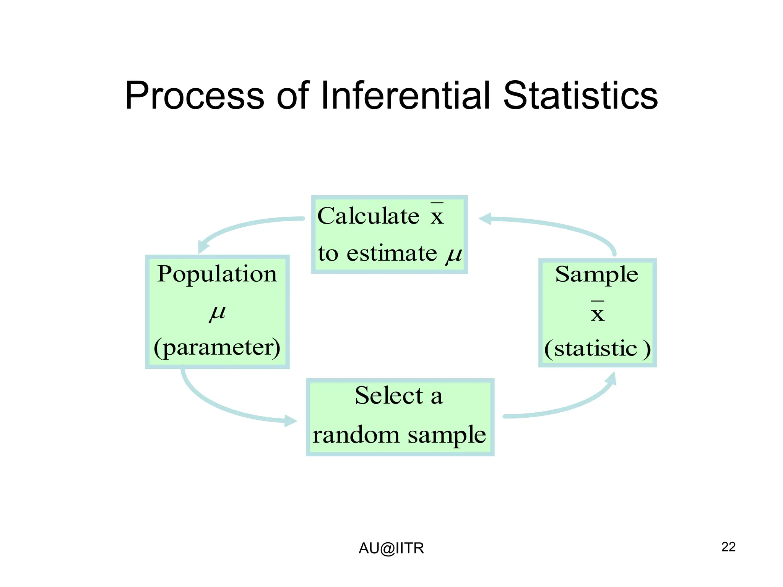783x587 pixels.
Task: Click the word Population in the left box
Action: point(217,274)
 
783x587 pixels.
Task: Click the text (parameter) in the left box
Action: point(217,347)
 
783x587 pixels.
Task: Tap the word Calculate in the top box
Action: point(369,216)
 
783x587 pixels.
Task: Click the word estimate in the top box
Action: point(391,253)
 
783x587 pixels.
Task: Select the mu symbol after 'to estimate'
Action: point(454,254)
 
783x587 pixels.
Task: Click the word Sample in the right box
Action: point(596,274)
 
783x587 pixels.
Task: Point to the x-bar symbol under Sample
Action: point(598,312)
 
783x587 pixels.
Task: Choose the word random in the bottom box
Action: point(356,435)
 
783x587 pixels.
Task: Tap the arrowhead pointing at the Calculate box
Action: point(485,219)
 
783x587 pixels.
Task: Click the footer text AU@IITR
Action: point(391,548)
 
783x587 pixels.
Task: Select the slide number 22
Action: point(728,547)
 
